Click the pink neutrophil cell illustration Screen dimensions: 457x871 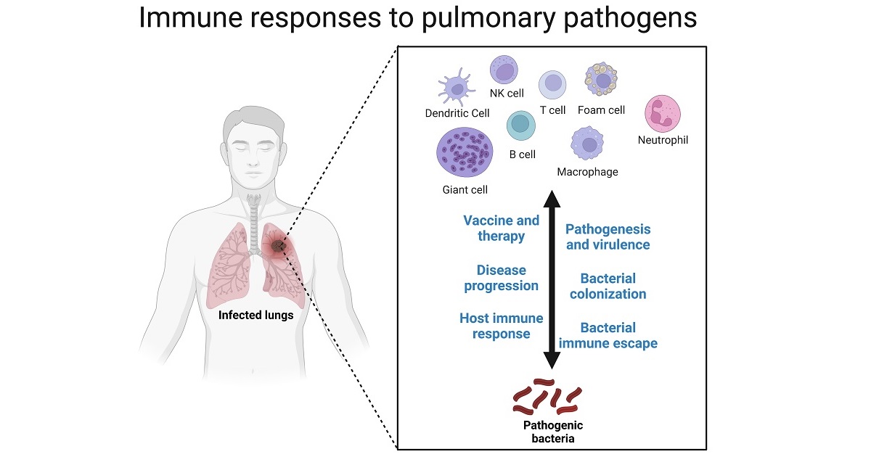(x=663, y=115)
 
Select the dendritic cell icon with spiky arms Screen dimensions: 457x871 (x=457, y=90)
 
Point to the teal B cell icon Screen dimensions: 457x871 (x=521, y=126)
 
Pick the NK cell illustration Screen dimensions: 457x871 (x=505, y=71)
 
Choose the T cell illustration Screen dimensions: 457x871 (x=552, y=85)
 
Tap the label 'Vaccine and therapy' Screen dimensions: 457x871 (x=502, y=228)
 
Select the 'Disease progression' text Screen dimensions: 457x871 (x=502, y=278)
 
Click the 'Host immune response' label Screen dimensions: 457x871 (x=501, y=326)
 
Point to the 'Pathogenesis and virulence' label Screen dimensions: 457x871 (x=608, y=237)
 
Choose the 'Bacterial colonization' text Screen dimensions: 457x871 (x=608, y=286)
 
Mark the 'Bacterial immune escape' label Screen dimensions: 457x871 (x=608, y=335)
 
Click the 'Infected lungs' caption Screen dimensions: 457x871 (x=256, y=315)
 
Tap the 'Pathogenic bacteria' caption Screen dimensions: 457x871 (x=553, y=431)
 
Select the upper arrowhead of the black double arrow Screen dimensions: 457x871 (x=552, y=199)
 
